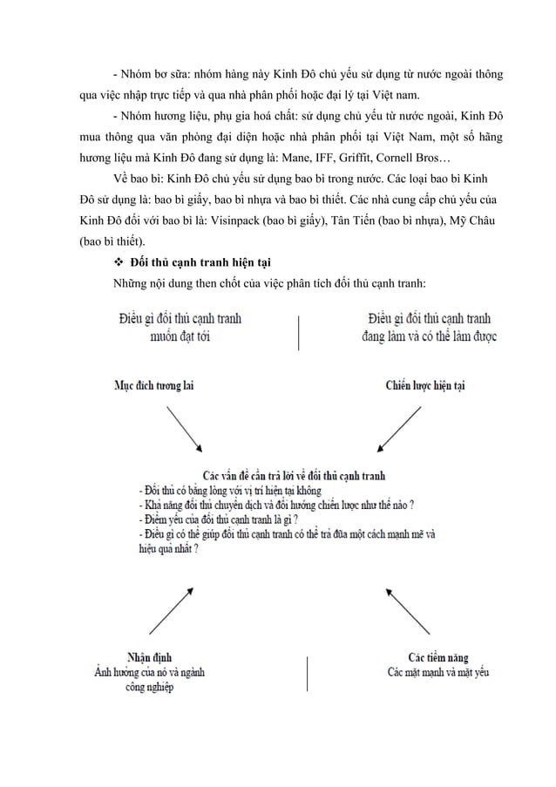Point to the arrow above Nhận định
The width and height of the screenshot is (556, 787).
(x=172, y=608)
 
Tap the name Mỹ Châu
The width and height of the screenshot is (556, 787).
(x=476, y=221)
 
